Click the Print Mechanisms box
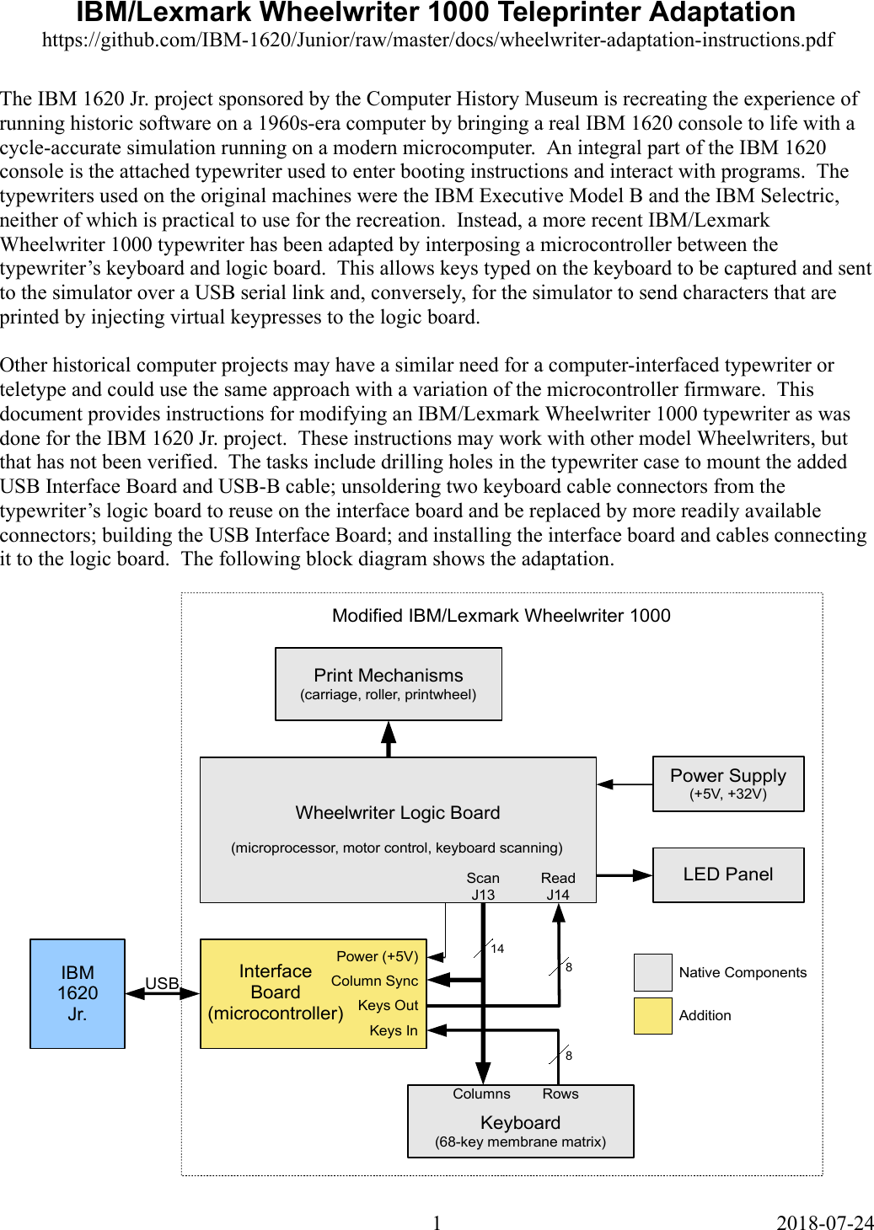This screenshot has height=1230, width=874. tap(389, 684)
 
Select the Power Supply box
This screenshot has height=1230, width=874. tap(728, 783)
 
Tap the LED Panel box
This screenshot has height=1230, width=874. tap(728, 874)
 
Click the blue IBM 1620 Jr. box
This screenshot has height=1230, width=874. tap(78, 993)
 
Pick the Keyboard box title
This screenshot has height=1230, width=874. tap(520, 1122)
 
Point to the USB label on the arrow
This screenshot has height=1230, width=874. tap(162, 983)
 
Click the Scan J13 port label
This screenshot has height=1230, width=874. tap(483, 886)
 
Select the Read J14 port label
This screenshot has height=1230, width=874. tap(558, 886)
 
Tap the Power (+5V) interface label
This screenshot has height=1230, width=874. tap(377, 956)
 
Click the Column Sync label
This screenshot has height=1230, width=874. tap(374, 981)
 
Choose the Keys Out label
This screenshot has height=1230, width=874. tap(388, 1005)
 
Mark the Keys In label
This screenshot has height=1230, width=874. tap(393, 1030)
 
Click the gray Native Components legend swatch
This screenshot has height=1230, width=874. tap(652, 972)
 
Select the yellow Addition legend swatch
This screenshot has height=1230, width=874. tap(652, 1015)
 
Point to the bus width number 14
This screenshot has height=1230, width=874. tap(497, 949)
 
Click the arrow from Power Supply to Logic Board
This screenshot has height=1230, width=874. tap(625, 784)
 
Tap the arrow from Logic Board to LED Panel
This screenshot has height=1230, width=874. tap(625, 875)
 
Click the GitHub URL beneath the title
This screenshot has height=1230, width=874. tap(437, 40)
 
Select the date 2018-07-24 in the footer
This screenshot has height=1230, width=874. tap(824, 1222)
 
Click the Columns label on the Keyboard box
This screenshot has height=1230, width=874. tap(481, 1094)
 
